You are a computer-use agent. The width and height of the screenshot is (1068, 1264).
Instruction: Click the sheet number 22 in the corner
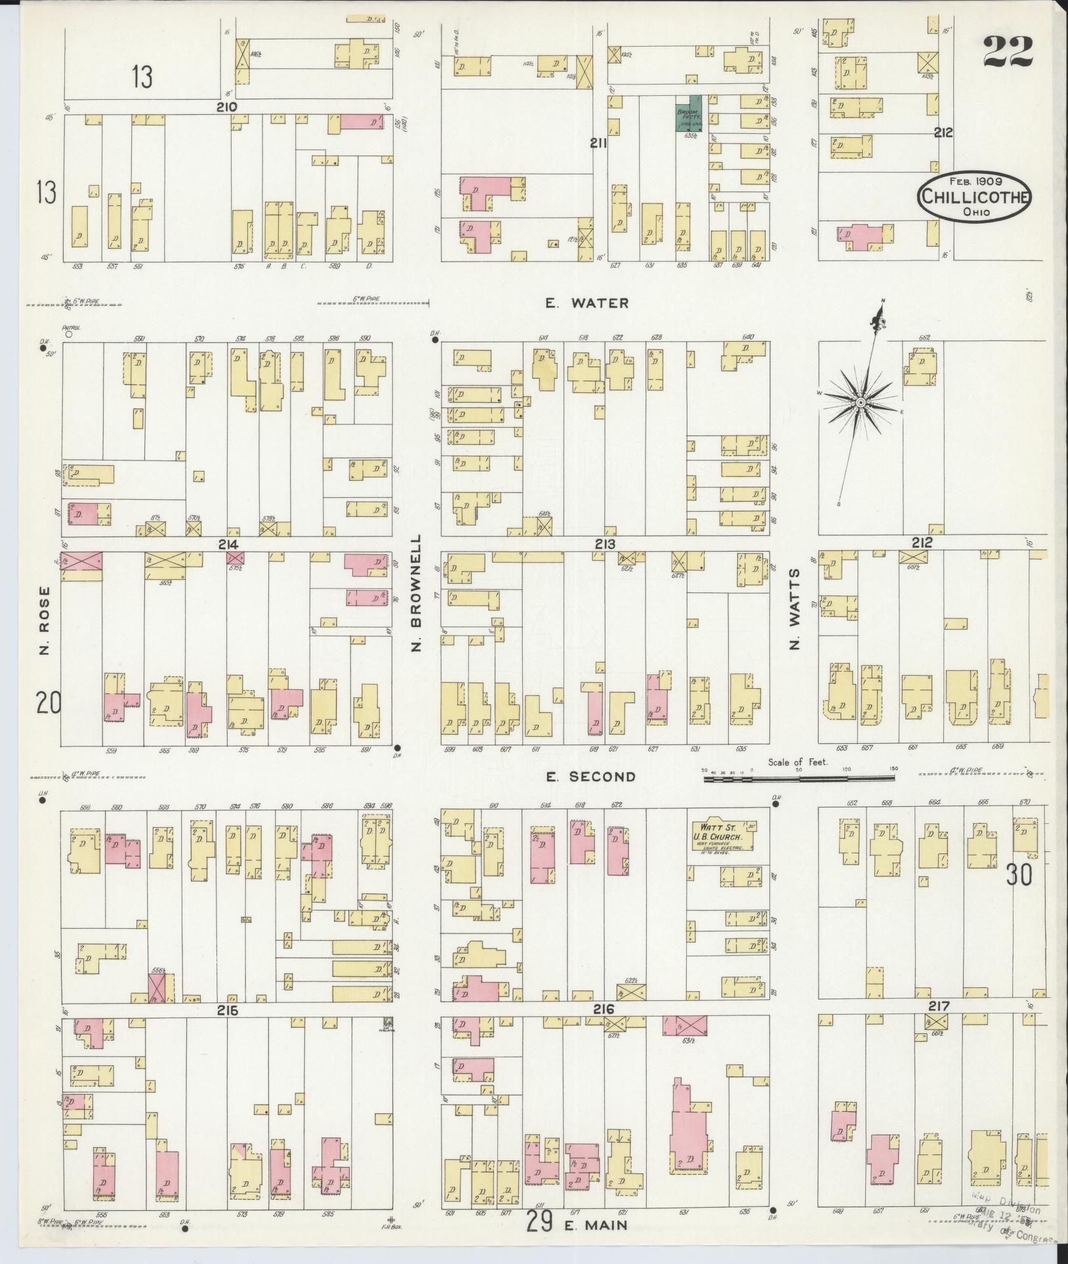(x=1008, y=51)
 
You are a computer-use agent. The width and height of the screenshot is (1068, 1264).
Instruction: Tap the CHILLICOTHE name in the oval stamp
(x=974, y=196)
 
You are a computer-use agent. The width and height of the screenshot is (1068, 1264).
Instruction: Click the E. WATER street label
(x=586, y=303)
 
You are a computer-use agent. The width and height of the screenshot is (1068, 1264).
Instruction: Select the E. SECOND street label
(x=592, y=777)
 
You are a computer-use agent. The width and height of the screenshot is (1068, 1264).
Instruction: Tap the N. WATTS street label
(x=796, y=609)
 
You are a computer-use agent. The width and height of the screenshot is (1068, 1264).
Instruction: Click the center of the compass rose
(x=859, y=401)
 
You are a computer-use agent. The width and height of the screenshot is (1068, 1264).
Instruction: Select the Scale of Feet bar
(x=798, y=778)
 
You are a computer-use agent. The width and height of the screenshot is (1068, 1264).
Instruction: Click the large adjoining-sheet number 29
(x=540, y=1222)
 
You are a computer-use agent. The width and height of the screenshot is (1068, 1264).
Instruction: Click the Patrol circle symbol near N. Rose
(x=68, y=333)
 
